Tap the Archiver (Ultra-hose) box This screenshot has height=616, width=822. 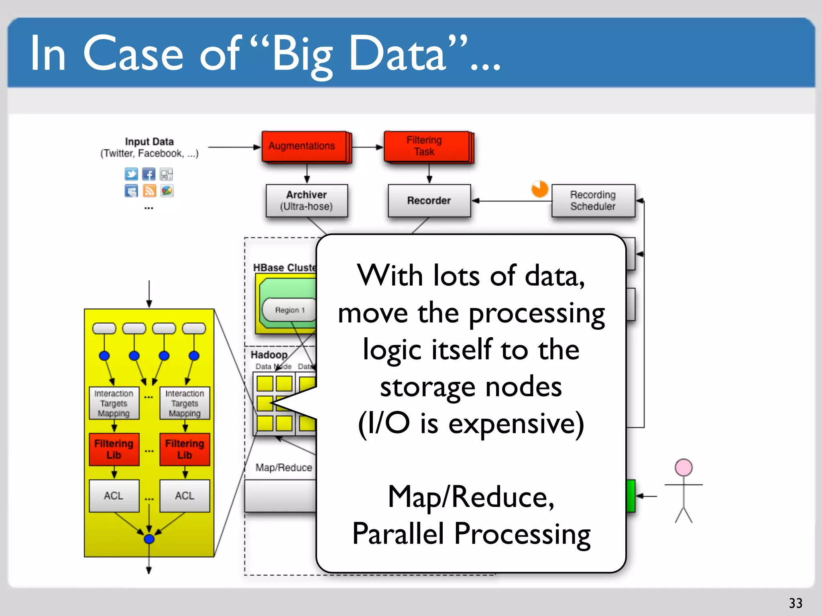[307, 201]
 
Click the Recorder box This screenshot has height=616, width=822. [429, 201]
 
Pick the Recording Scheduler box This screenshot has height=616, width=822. [593, 201]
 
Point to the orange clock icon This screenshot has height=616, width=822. [539, 189]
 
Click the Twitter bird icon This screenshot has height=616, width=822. [131, 174]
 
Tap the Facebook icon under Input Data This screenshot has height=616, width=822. [149, 174]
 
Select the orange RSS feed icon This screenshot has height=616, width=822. [149, 191]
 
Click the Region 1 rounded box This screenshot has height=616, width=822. [290, 310]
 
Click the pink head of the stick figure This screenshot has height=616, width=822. [684, 468]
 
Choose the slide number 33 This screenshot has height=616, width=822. [796, 603]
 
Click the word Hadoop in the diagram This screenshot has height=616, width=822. [269, 355]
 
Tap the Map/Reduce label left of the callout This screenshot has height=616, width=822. [284, 468]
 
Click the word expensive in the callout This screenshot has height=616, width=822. [516, 423]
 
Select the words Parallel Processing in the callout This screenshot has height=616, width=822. [471, 534]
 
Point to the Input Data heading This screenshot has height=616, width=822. [149, 142]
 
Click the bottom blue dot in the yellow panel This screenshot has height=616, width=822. [149, 539]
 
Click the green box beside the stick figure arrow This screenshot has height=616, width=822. [631, 496]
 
